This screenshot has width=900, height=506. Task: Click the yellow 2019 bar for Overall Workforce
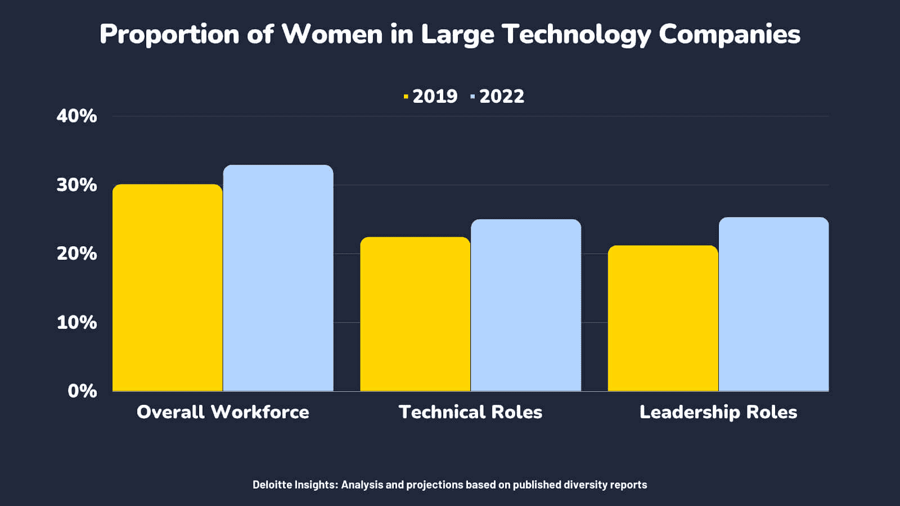coord(167,288)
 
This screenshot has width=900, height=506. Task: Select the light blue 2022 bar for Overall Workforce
coord(278,278)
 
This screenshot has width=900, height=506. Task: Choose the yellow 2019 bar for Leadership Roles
coord(663,318)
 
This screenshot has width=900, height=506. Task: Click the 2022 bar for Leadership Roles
coord(773,304)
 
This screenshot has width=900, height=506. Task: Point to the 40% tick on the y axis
coord(76,116)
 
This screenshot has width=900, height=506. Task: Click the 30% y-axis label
coord(76,185)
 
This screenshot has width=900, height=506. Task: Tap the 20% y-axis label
coord(76,254)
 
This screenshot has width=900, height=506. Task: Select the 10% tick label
coord(76,323)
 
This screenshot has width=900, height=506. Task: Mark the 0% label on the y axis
coord(82,391)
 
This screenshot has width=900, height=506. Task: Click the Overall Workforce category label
coord(223,412)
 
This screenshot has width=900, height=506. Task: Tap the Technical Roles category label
coord(470,412)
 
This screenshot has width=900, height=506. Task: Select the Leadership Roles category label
coord(718,412)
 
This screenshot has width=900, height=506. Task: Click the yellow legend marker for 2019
coord(406,97)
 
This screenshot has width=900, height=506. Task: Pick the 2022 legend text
coord(501,97)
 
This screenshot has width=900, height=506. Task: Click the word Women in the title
coord(332,34)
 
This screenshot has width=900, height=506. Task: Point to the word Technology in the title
coord(575,34)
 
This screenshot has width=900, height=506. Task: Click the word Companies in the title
coord(729,34)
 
